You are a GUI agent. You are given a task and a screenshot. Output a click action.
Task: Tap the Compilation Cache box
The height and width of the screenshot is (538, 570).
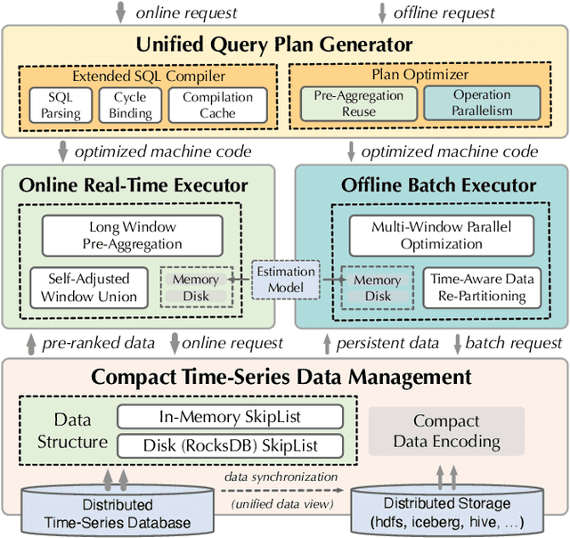tap(217, 105)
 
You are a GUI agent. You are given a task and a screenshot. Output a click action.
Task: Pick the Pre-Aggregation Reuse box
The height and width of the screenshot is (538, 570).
tap(358, 102)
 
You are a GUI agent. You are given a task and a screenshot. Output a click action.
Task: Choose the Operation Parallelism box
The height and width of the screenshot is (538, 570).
tap(481, 102)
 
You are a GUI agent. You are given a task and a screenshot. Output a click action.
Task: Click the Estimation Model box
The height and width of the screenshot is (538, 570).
tap(285, 280)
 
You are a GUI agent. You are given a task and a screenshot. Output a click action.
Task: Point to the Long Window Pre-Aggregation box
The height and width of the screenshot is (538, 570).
tap(135, 236)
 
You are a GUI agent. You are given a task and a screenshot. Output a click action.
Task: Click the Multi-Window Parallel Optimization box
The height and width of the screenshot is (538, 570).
tap(441, 236)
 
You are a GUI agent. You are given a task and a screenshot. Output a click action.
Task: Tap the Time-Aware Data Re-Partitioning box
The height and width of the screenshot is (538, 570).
tap(483, 288)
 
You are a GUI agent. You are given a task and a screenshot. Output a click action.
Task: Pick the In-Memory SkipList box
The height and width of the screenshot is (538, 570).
tap(230, 417)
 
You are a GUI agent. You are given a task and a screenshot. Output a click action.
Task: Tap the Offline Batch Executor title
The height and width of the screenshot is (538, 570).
tap(439, 185)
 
